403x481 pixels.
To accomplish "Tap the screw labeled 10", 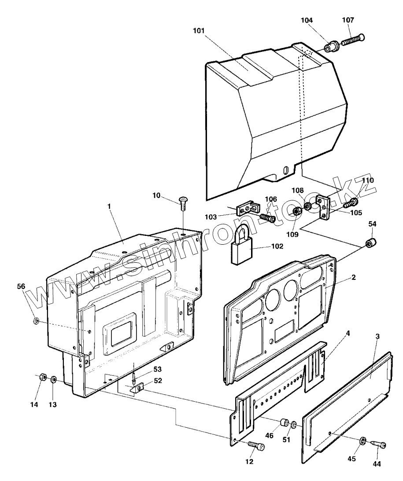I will tap(183, 203).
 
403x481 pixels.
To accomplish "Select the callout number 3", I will tap(377, 336).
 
